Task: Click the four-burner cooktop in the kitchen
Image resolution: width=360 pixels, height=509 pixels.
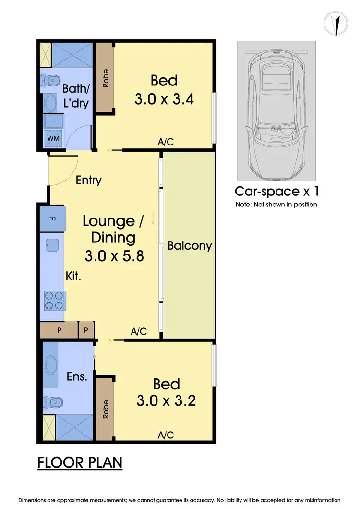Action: (54, 300)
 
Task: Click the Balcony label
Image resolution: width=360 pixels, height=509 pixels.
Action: (190, 246)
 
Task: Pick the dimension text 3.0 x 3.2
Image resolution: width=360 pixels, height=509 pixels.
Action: (166, 400)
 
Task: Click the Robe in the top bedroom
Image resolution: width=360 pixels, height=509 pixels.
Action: (105, 78)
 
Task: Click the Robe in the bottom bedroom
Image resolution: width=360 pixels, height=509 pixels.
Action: (105, 409)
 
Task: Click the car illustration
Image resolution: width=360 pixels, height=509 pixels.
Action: (277, 110)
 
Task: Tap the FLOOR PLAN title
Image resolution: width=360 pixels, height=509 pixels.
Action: (80, 463)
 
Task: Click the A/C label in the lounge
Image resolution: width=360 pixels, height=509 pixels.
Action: (138, 331)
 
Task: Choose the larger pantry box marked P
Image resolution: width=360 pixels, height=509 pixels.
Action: (59, 330)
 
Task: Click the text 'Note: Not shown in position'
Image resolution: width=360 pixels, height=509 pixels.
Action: (276, 205)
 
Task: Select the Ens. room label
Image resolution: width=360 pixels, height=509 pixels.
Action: (77, 376)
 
